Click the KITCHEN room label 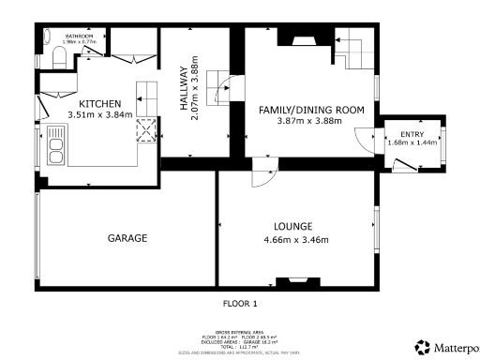(x=99, y=103)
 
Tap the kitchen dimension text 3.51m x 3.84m (x=99, y=115)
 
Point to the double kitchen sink (x=54, y=150)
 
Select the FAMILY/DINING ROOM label (x=311, y=110)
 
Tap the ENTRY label (x=412, y=135)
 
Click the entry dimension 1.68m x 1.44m (x=412, y=143)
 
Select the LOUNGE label (x=292, y=226)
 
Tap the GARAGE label (x=127, y=238)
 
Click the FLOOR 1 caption (x=239, y=304)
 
